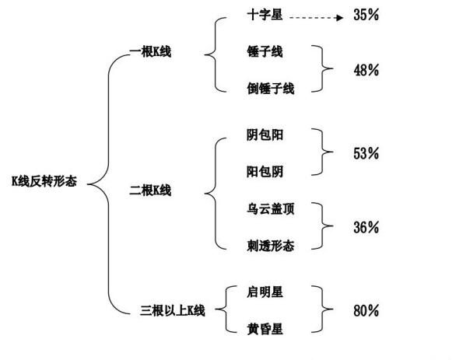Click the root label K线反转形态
click(44, 181)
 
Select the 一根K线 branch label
click(150, 52)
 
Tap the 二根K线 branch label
click(150, 190)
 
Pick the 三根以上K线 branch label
click(173, 310)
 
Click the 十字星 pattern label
click(265, 15)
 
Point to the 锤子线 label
click(265, 52)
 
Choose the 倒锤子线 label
click(271, 89)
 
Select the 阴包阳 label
click(265, 135)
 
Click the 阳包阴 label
click(265, 172)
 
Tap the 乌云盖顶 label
click(271, 209)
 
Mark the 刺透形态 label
click(271, 246)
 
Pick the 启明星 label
click(265, 292)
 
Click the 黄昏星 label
click(265, 329)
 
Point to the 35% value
click(367, 15)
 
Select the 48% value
click(367, 70)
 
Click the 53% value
click(367, 153)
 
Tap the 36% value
click(367, 228)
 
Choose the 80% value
click(367, 310)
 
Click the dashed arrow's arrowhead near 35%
click(339, 18)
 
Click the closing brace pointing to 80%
click(322, 309)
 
